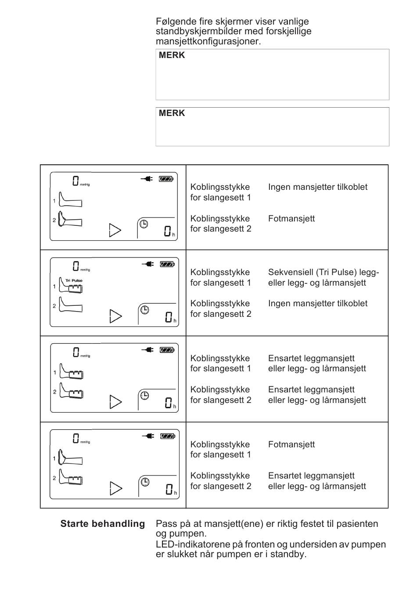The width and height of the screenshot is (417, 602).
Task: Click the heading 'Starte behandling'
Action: coord(102,523)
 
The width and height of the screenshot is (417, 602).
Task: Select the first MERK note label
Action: coord(172,55)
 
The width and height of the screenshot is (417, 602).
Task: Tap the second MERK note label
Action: coord(172,113)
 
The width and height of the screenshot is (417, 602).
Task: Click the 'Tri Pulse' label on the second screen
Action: coord(74,280)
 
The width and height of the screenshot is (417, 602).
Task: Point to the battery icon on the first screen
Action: coord(166,179)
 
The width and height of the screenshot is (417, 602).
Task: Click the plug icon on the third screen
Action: coord(147,350)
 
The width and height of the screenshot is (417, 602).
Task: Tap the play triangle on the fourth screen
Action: coord(115,488)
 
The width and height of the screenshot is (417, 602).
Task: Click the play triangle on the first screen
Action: coord(115,230)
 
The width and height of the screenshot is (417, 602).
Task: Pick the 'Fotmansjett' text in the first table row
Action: coord(291,218)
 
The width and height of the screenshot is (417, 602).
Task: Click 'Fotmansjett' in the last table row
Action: coord(291,444)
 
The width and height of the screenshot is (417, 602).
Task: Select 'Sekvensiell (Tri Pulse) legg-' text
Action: coord(324,272)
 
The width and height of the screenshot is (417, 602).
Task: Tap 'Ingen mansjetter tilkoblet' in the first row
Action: coord(318,187)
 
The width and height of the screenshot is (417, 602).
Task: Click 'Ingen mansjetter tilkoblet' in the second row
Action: coord(318,303)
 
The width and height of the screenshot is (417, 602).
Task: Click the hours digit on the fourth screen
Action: coord(169,489)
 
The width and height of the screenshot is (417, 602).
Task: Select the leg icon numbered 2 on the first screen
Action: coord(70,220)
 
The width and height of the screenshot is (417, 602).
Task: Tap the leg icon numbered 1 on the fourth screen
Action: coord(70,458)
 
